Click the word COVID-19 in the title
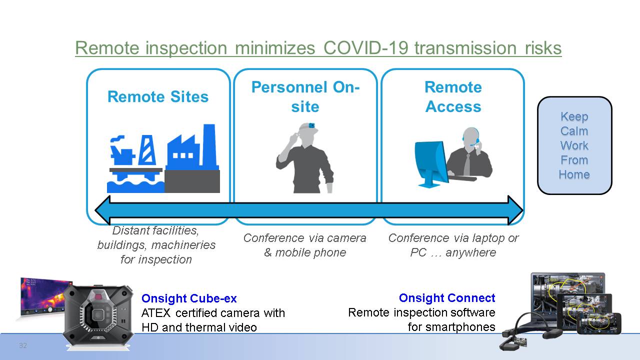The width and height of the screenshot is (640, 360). tap(365, 47)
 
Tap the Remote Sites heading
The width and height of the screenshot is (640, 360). tap(158, 96)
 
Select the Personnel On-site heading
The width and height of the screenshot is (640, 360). tap(305, 97)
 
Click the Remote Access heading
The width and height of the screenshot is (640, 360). tap(453, 97)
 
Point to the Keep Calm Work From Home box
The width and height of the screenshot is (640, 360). tap(574, 145)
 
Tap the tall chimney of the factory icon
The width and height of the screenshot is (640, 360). tap(209, 145)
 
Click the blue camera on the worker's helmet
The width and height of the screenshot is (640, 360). tap(311, 125)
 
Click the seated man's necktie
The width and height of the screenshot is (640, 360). tap(466, 164)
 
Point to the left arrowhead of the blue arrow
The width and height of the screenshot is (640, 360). tap(102, 210)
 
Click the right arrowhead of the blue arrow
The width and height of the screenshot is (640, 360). tap(515, 210)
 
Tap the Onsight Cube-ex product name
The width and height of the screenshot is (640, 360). tap(189, 298)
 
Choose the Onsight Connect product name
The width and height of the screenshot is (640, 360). tap(447, 297)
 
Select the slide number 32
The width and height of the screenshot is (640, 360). tap(23, 345)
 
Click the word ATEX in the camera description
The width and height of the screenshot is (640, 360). tap(155, 313)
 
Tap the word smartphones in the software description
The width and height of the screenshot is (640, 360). tap(460, 327)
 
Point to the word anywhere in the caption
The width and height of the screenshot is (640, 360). tap(470, 252)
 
